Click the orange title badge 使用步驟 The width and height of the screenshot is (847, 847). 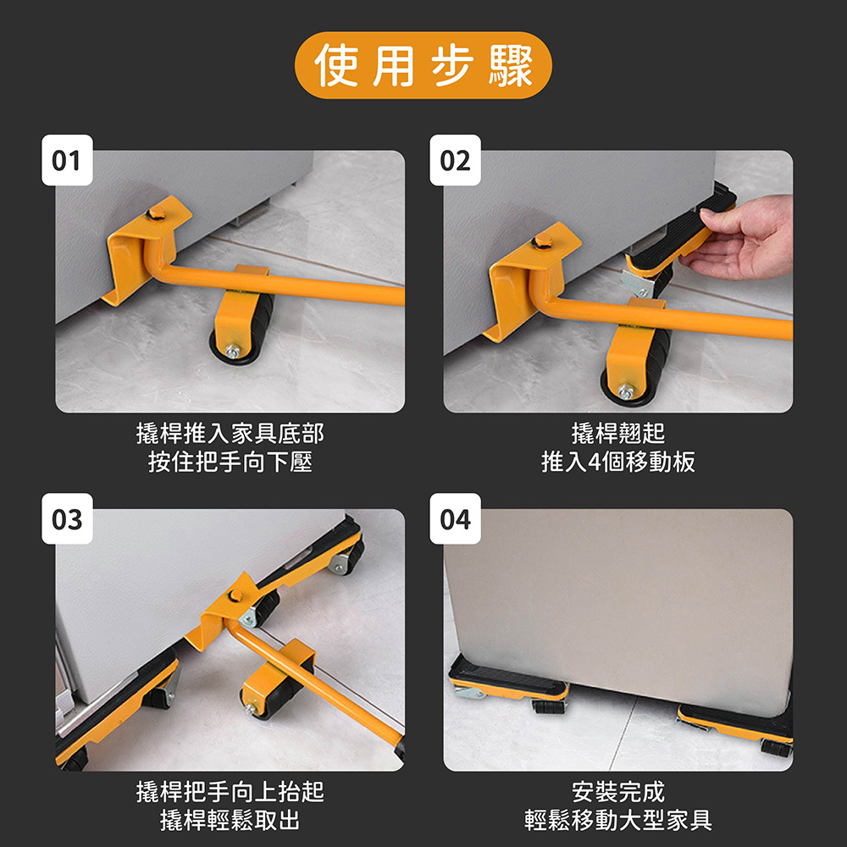click(x=423, y=66)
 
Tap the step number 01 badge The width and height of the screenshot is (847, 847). click(x=67, y=160)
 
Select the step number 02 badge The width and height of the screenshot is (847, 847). click(x=455, y=160)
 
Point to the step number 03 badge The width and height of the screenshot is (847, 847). click(x=67, y=518)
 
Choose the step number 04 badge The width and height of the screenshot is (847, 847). click(x=455, y=518)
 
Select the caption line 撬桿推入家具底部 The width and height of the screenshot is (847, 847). click(x=230, y=435)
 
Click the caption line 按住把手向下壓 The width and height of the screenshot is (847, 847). click(x=230, y=462)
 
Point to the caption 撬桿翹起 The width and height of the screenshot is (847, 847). click(x=618, y=435)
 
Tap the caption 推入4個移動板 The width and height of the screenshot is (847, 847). click(x=618, y=462)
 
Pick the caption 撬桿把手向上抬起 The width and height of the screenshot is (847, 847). click(x=230, y=793)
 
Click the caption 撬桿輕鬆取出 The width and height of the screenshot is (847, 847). click(x=230, y=820)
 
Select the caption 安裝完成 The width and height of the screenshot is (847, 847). click(x=618, y=793)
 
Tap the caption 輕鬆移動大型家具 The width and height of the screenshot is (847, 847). click(x=618, y=820)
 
